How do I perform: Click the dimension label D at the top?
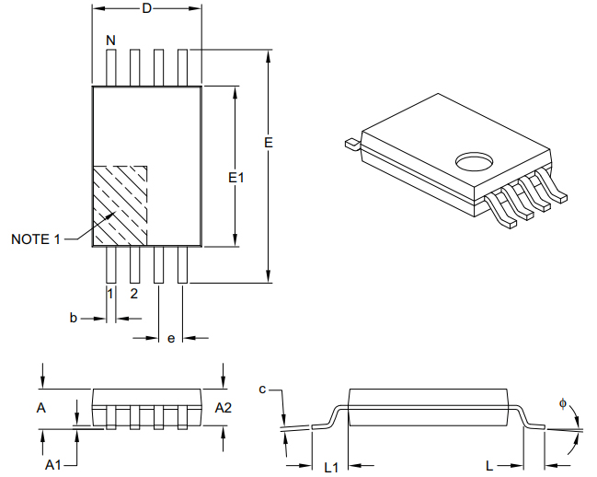[x=146, y=8]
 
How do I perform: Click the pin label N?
[x=110, y=41]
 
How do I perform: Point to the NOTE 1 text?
[x=36, y=239]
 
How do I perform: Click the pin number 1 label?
[x=110, y=294]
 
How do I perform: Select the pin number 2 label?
[x=133, y=294]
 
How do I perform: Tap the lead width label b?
[x=74, y=318]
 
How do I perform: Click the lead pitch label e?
[x=171, y=339]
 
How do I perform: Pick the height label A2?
[x=224, y=407]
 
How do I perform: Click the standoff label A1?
[x=53, y=465]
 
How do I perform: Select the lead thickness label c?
[x=262, y=390]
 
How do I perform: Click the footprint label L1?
[x=331, y=467]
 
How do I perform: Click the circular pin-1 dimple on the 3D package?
[x=474, y=162]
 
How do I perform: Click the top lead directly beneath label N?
[x=110, y=68]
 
